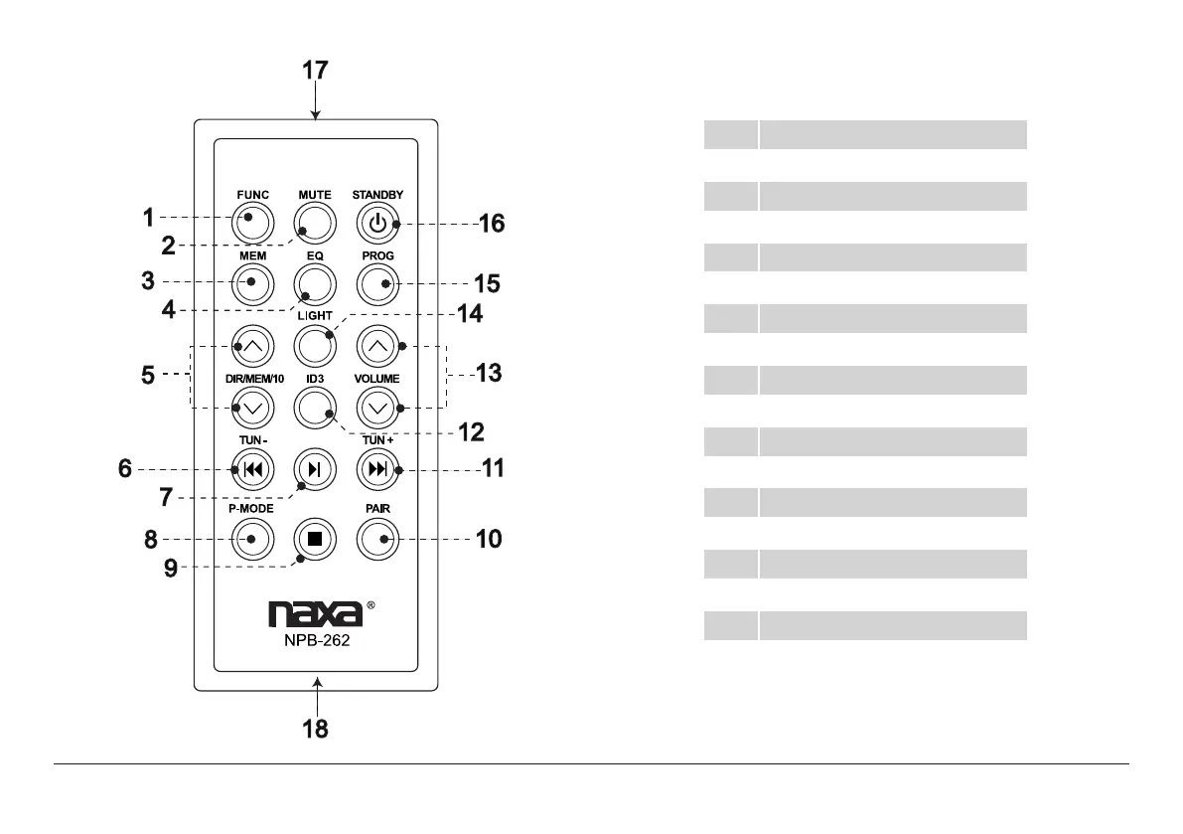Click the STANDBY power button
point(377,224)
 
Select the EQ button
point(314,284)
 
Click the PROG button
point(377,284)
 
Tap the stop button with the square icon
point(314,539)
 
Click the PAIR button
point(377,539)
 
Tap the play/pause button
point(314,470)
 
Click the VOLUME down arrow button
point(377,407)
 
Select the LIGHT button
point(314,346)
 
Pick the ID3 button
point(314,407)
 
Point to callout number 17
point(316,72)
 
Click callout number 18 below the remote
point(316,729)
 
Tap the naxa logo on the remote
point(315,614)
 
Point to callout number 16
point(492,224)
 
